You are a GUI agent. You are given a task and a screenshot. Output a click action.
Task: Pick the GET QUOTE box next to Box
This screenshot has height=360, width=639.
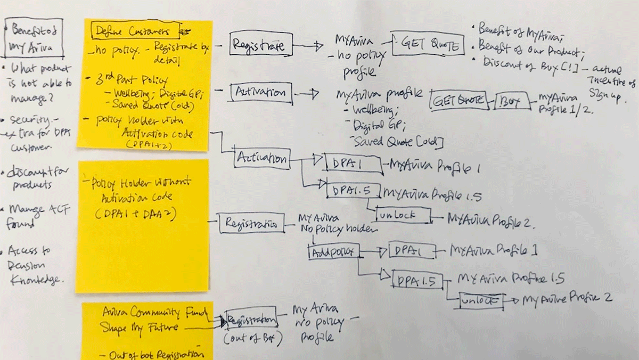[x=459, y=100]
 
